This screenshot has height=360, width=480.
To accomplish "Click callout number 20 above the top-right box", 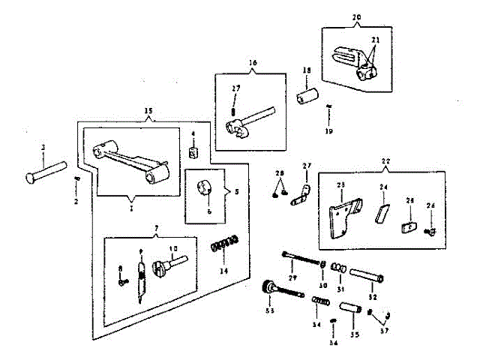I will (x=355, y=16).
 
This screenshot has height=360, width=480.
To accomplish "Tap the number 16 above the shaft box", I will (x=253, y=63).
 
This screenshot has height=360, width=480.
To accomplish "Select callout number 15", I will (x=148, y=111).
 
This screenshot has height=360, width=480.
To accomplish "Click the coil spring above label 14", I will (x=224, y=243).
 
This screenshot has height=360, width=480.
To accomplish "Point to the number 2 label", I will (x=76, y=202).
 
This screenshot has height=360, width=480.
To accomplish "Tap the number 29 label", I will (x=292, y=278).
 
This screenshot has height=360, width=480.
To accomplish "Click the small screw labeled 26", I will (x=430, y=230).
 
